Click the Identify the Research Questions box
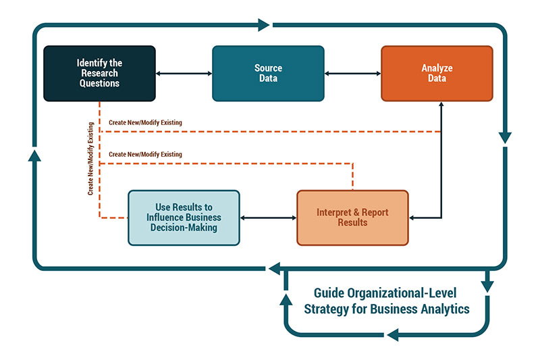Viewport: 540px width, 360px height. [99, 74]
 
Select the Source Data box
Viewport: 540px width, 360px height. [268, 74]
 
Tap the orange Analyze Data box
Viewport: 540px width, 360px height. [437, 74]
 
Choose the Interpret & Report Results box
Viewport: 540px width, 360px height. [352, 217]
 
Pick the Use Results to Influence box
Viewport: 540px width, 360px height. [184, 217]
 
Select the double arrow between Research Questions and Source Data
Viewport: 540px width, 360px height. [184, 74]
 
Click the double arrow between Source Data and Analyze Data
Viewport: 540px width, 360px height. [352, 74]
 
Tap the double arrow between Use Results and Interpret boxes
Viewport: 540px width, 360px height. [268, 217]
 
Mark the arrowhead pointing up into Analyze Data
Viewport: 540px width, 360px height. [441, 105]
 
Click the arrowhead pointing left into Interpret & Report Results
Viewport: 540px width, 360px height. [413, 217]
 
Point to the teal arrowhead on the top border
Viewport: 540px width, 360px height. [264, 26]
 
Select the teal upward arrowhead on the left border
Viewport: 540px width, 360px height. [34, 155]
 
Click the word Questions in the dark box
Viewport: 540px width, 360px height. [99, 83]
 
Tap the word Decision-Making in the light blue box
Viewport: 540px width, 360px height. [184, 228]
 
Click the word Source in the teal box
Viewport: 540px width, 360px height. [268, 68]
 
